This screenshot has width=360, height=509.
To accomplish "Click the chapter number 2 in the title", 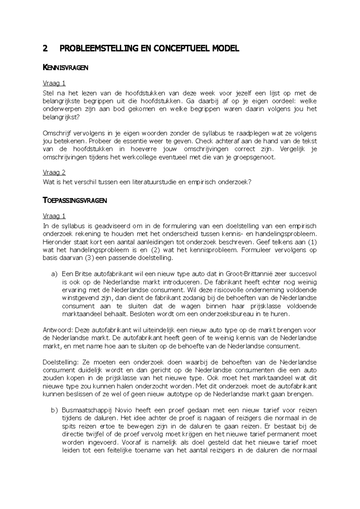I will [x=45, y=49].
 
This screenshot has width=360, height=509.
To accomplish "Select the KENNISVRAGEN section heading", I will [x=65, y=68].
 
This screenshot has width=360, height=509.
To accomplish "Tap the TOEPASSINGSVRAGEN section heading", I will [x=75, y=201].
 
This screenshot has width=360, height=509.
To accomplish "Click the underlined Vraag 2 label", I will [x=54, y=172].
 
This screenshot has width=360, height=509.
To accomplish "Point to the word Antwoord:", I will [x=58, y=330].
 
